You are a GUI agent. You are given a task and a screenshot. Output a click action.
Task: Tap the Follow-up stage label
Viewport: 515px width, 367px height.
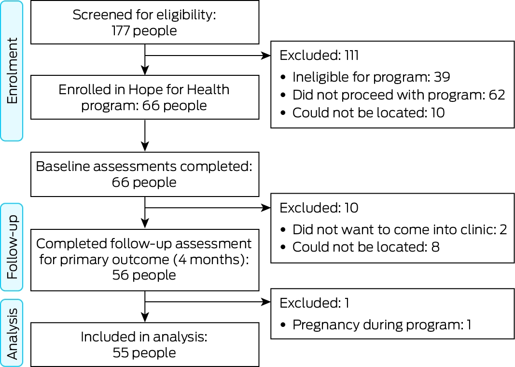coord(12,247)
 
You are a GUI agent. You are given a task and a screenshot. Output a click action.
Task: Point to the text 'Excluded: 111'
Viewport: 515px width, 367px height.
coord(319,55)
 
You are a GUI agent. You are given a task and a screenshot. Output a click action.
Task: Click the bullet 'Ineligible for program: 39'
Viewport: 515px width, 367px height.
coord(366,77)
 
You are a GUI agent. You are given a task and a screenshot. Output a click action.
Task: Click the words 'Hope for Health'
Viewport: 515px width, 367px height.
coord(179,89)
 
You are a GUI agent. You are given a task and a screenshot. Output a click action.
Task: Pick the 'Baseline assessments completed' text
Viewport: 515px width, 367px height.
coord(144,166)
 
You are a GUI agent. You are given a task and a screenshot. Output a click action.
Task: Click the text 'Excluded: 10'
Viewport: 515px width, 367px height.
coord(319,208)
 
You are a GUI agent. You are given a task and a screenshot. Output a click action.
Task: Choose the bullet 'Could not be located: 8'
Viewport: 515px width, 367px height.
coord(360,247)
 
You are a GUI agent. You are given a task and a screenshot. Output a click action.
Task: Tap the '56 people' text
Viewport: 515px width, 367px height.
coord(144,275)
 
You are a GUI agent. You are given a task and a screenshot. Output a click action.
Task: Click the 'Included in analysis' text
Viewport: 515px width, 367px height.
coord(144,337)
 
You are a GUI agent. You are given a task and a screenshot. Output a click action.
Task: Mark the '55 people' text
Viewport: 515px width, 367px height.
coord(144,353)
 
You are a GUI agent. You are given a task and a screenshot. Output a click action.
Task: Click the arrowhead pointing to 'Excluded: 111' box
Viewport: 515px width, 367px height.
coord(266,56)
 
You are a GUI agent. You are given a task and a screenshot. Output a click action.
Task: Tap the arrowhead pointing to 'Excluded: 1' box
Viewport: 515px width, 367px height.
coord(266,302)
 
